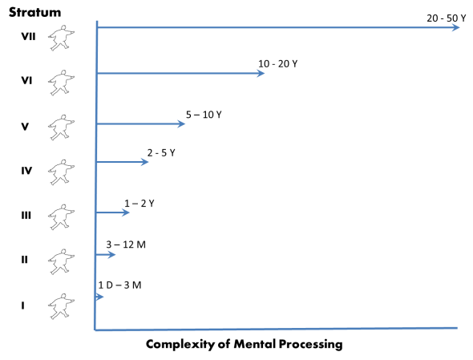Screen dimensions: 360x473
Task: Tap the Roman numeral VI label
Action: pos(26,80)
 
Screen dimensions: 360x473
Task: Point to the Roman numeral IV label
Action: pos(26,170)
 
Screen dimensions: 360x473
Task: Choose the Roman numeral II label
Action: pos(25,260)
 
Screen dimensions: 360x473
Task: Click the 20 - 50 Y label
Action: pos(447,17)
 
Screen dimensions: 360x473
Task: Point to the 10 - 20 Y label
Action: pos(277,63)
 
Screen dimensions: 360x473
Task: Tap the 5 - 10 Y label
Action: pos(204,115)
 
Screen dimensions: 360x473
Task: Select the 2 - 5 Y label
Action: pos(161,152)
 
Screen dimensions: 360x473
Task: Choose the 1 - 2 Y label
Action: pos(139,203)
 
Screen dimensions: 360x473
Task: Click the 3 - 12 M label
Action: pos(126,244)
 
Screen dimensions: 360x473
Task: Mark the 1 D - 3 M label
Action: pos(119,285)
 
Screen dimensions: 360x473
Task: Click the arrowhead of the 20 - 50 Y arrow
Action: pos(455,28)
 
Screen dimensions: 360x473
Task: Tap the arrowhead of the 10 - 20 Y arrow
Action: pos(261,74)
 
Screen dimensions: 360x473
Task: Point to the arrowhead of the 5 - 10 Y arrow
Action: pos(182,124)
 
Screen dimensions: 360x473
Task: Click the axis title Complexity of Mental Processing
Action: pos(245,344)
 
